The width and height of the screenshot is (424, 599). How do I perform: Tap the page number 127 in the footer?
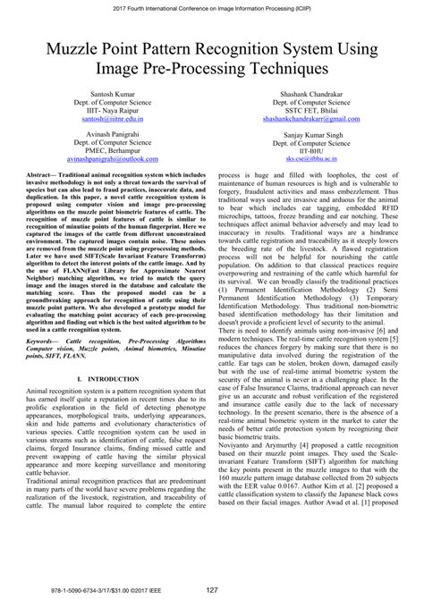tap(212, 588)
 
